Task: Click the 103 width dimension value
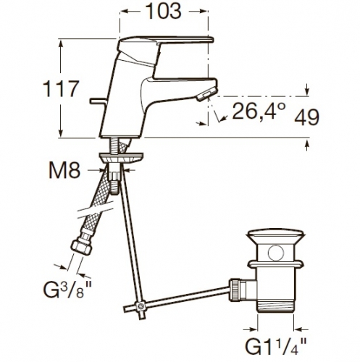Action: pos(164,11)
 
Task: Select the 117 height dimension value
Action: pos(61,89)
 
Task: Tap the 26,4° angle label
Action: pos(259,111)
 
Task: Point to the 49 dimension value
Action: pos(306,117)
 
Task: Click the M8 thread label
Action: pos(64,170)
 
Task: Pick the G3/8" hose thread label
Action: pos(67,290)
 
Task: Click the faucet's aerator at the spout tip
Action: pos(206,95)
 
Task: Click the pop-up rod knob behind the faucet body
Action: pos(98,101)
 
